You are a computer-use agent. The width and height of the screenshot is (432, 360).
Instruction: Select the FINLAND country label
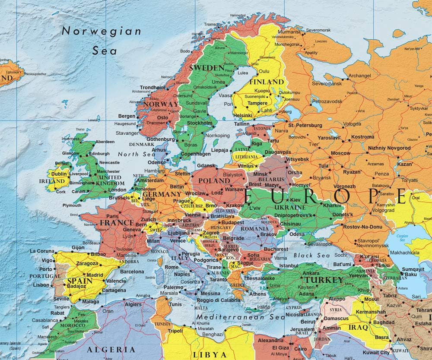(267, 82)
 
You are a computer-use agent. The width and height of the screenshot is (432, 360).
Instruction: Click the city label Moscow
(340, 153)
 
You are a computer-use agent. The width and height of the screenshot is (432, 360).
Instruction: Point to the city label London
(118, 190)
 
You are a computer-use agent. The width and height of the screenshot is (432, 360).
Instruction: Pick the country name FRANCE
(116, 223)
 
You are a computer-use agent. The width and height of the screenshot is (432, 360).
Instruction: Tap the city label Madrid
(95, 275)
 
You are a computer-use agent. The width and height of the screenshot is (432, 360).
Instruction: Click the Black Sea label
(309, 256)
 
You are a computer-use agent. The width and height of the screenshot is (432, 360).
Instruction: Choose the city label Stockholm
(200, 123)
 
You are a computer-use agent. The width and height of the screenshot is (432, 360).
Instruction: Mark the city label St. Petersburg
(305, 125)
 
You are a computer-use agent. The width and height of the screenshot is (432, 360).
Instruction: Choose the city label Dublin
(59, 174)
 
